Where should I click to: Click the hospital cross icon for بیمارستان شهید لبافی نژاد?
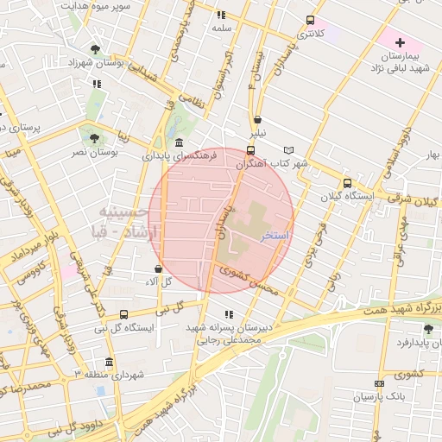click(x=399, y=42)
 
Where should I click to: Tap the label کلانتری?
click(x=310, y=34)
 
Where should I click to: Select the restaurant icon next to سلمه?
click(x=221, y=15)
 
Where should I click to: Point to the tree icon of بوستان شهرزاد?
click(x=94, y=50)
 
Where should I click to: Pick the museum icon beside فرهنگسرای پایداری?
click(x=178, y=142)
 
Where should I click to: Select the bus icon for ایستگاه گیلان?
click(x=347, y=183)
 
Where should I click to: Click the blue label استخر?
click(x=275, y=235)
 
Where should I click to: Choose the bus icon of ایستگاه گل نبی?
click(x=123, y=315)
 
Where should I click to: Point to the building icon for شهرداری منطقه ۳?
click(x=108, y=362)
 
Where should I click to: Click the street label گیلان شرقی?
click(x=420, y=200)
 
